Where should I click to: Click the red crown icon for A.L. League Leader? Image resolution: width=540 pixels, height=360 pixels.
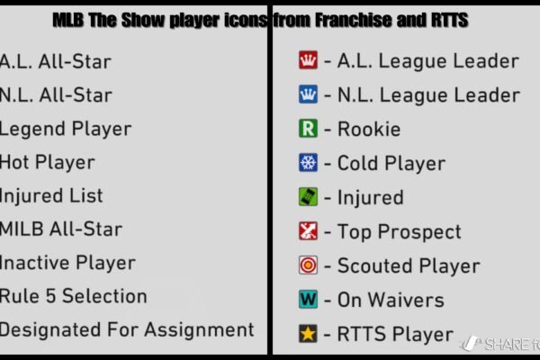coord(307,61)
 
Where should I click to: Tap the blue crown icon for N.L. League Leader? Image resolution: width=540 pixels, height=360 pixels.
coord(307,95)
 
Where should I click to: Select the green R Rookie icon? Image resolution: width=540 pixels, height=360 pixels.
coord(307,130)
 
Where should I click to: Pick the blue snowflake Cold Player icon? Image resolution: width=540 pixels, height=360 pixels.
coord(307,164)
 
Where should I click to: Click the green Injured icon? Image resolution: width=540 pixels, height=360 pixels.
coord(307,198)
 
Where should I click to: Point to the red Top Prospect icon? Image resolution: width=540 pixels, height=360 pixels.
coord(307,232)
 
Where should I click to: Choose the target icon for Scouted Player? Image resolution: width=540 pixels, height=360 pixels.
coord(307,266)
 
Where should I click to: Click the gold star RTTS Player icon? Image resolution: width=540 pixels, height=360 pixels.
coord(307,335)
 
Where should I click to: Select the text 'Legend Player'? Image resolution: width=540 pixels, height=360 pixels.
coord(66,130)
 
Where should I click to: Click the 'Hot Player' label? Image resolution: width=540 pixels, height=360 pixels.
coord(47,163)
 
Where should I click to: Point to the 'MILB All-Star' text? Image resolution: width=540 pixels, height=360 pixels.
coord(61,229)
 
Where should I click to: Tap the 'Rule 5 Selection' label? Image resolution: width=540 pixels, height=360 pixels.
coord(74,296)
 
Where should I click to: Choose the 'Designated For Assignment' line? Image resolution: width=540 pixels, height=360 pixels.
coord(127,330)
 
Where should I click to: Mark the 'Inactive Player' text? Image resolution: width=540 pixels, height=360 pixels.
coord(67,263)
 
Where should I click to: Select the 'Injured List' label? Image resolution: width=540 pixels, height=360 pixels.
coord(51,196)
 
